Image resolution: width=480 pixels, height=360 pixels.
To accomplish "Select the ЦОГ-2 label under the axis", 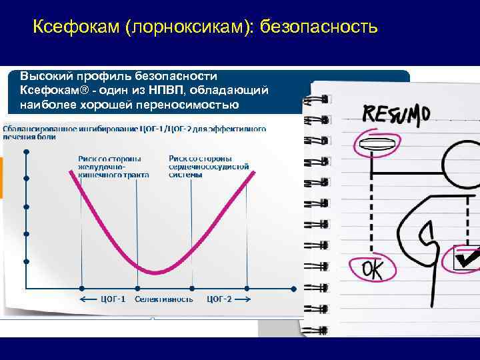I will point(220,299).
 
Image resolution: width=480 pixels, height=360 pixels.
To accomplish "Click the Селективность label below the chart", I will point(164,299).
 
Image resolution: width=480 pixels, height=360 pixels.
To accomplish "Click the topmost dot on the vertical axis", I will point(26,153).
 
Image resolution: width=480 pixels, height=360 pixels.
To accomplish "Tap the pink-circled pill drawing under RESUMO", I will point(375,144).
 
